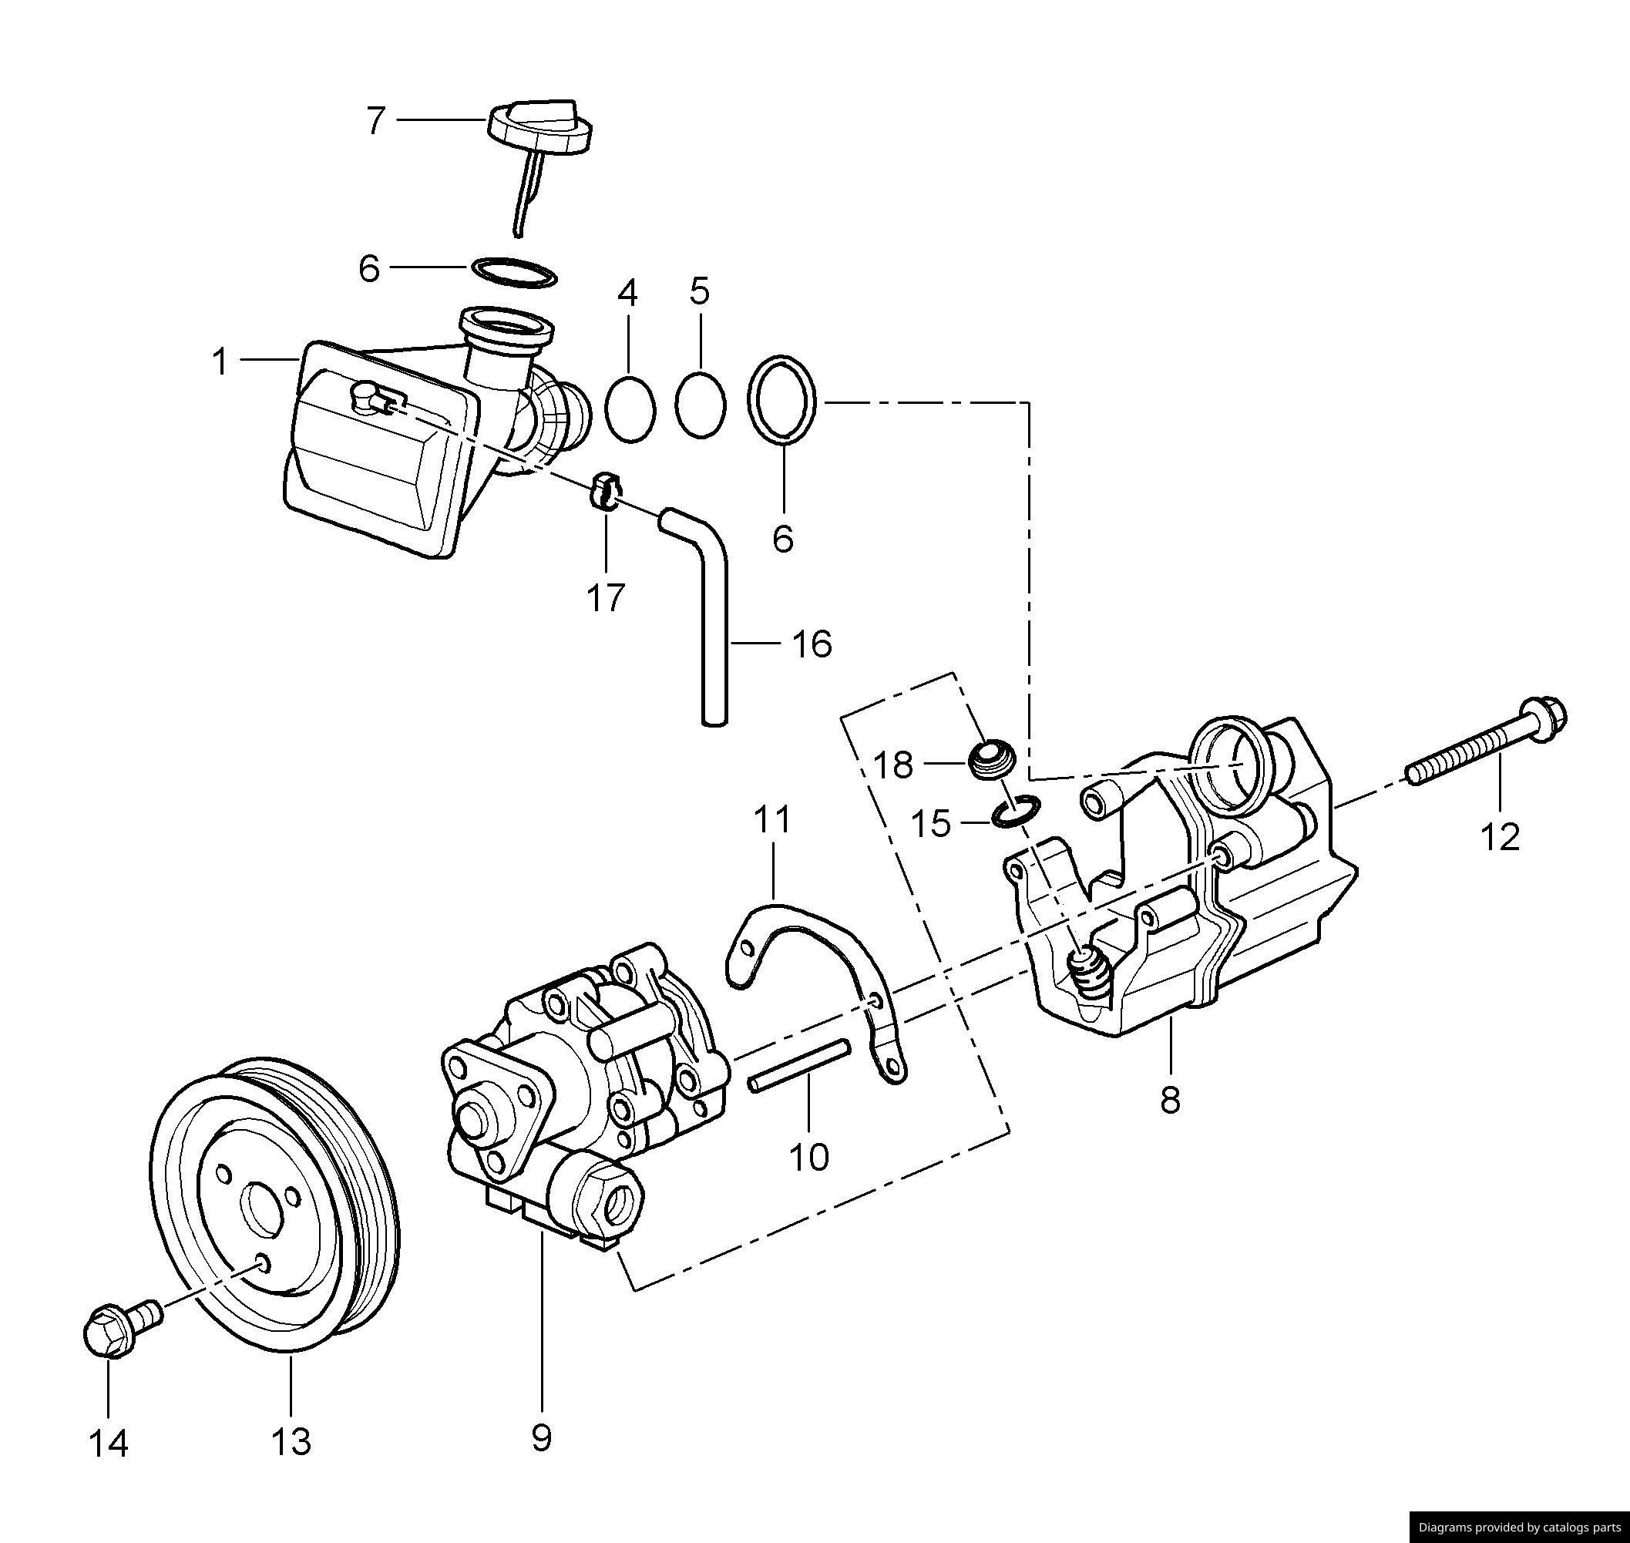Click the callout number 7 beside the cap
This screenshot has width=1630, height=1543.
coord(376,121)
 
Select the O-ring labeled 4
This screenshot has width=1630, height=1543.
coord(630,408)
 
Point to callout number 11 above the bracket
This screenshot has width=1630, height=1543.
coord(772,819)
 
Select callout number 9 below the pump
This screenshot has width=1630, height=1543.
coord(541,1437)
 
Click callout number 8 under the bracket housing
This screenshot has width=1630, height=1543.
coord(1170,1100)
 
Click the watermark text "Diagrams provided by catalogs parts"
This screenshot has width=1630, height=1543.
coord(1519,1527)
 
